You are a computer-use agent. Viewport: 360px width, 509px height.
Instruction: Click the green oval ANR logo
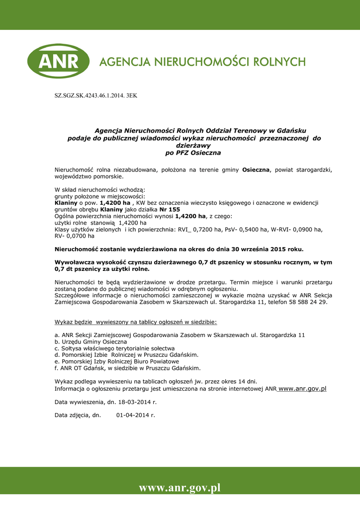click(x=58, y=61)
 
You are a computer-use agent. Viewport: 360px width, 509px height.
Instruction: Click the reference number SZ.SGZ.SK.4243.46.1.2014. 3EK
click(x=95, y=95)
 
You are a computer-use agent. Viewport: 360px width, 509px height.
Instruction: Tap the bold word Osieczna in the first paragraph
click(x=255, y=170)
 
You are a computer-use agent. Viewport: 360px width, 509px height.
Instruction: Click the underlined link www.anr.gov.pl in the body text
click(x=302, y=389)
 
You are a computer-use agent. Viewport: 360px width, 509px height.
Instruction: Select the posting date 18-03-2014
click(x=134, y=402)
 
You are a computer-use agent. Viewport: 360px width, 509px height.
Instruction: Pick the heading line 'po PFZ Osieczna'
click(x=193, y=153)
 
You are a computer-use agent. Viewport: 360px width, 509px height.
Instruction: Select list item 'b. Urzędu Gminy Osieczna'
click(x=90, y=342)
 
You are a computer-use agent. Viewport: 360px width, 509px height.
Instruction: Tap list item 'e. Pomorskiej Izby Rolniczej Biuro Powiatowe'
click(x=117, y=361)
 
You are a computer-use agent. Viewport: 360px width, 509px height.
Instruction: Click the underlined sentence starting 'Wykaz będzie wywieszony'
click(x=136, y=322)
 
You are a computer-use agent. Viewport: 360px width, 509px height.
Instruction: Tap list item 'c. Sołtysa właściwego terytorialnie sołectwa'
click(x=114, y=348)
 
